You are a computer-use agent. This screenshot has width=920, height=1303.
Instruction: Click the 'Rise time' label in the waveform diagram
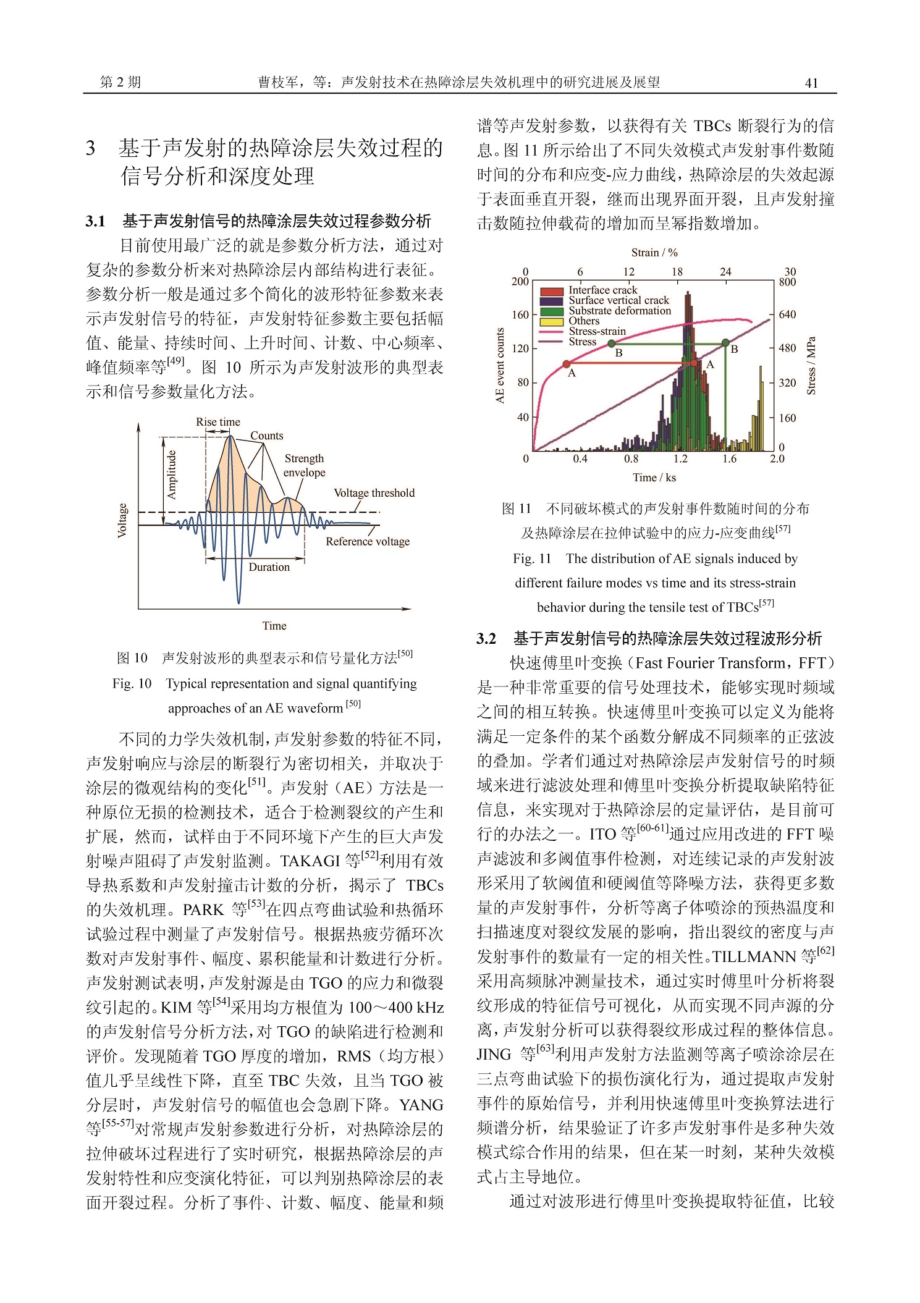click(217, 422)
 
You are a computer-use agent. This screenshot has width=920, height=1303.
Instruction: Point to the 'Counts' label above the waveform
click(266, 436)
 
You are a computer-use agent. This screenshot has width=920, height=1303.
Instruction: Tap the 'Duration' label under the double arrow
click(269, 567)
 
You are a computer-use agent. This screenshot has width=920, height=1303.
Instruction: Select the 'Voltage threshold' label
click(374, 493)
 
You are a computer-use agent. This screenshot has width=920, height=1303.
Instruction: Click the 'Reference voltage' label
click(368, 542)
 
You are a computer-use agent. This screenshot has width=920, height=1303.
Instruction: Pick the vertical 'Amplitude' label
click(171, 474)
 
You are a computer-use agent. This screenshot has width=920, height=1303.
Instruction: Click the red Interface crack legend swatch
click(551, 291)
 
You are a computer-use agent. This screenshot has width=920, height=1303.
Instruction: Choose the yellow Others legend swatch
click(551, 321)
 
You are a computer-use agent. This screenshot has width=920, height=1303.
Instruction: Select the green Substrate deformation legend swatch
click(551, 311)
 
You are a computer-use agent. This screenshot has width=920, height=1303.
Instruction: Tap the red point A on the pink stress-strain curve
click(566, 365)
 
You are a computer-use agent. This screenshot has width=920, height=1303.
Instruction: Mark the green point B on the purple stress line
click(725, 342)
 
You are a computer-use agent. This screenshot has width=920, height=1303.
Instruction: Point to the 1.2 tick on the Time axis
click(680, 459)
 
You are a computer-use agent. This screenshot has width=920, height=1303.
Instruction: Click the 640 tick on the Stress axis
click(787, 314)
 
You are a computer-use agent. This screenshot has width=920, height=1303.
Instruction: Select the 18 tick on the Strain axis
click(677, 272)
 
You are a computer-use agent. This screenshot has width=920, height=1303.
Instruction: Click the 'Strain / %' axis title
click(654, 253)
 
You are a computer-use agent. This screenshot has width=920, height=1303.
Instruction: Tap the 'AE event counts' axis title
click(500, 366)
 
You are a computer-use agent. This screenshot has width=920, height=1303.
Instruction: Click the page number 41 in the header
click(811, 83)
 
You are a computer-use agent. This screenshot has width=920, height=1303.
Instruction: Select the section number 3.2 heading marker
click(486, 639)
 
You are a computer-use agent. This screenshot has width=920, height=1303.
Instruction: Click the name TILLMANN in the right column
click(754, 957)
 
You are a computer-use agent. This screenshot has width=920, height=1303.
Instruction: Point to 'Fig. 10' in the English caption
click(132, 684)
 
